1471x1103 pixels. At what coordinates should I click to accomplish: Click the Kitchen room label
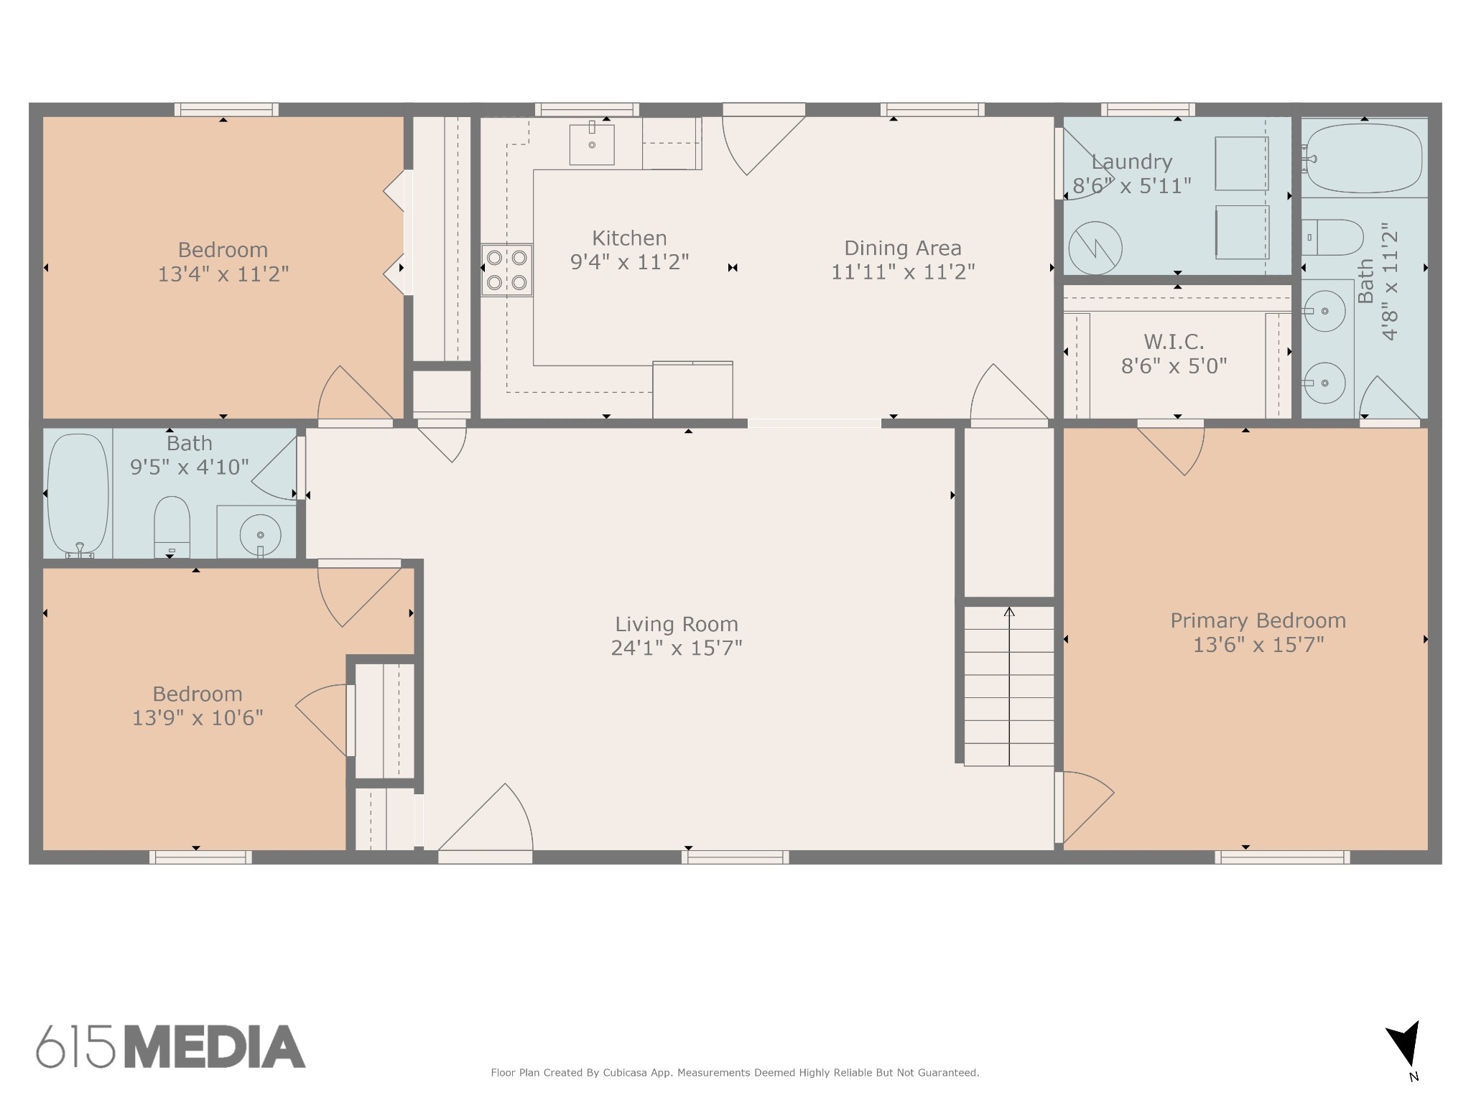click(x=629, y=238)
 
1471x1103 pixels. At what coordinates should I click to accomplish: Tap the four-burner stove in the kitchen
click(x=506, y=270)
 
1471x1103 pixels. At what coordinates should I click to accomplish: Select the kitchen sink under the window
click(x=592, y=144)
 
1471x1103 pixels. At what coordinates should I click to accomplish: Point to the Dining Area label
click(x=902, y=248)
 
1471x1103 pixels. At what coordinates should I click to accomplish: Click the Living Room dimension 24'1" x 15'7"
click(x=677, y=648)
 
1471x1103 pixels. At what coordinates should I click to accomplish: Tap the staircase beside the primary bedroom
click(x=1008, y=686)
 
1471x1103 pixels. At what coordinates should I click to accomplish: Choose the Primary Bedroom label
click(x=1258, y=620)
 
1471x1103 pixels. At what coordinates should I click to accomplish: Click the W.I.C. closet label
click(x=1174, y=341)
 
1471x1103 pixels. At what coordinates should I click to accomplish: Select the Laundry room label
click(x=1132, y=162)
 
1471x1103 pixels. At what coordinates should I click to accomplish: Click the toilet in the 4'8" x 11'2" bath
click(x=1332, y=238)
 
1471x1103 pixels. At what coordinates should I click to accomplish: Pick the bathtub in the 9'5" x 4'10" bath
click(x=78, y=495)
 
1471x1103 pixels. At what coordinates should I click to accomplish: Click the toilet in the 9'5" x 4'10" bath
click(x=172, y=527)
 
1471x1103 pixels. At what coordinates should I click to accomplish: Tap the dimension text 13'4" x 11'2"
click(x=223, y=274)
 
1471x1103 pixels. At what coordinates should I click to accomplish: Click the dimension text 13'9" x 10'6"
click(x=198, y=717)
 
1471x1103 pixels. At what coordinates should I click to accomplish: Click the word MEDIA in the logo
click(x=215, y=1047)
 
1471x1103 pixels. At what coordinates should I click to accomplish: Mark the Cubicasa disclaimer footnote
click(x=735, y=1073)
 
